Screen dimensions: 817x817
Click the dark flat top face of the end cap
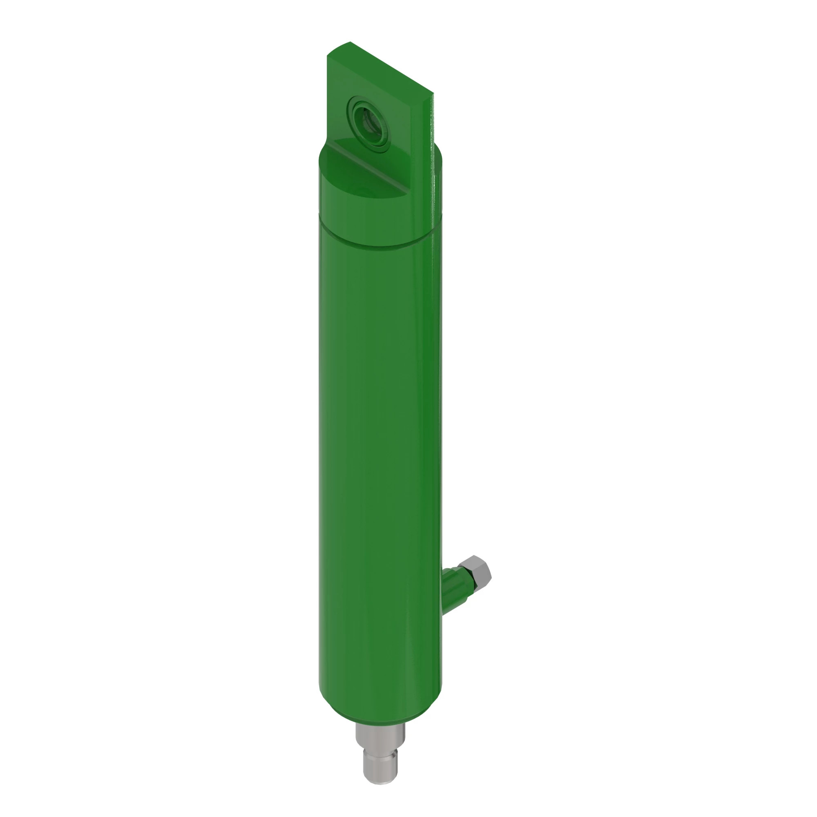pos(359,178)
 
